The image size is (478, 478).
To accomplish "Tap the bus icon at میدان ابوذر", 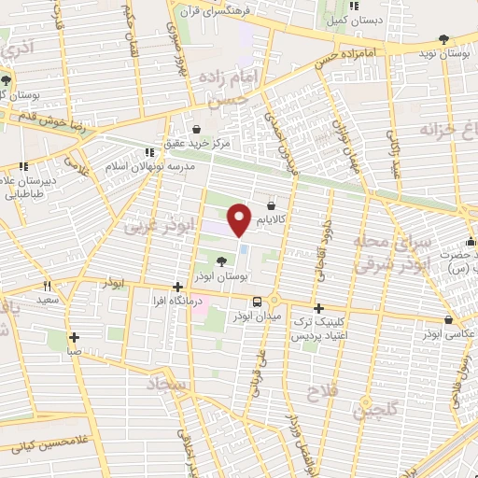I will tap(257, 301).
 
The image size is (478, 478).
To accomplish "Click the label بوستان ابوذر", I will tap(220, 278).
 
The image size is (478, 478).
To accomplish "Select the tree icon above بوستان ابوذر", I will tap(220, 262).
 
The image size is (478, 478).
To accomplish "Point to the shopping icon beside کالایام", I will tap(271, 204).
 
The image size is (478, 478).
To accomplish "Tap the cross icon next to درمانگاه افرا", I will tap(177, 288).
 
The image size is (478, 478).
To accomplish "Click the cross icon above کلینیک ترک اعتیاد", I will tap(318, 308).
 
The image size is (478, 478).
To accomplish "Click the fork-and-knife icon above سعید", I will tap(47, 287).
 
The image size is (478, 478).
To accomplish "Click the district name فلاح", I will tap(321, 394).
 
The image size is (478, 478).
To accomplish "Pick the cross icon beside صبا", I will tap(73, 338).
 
